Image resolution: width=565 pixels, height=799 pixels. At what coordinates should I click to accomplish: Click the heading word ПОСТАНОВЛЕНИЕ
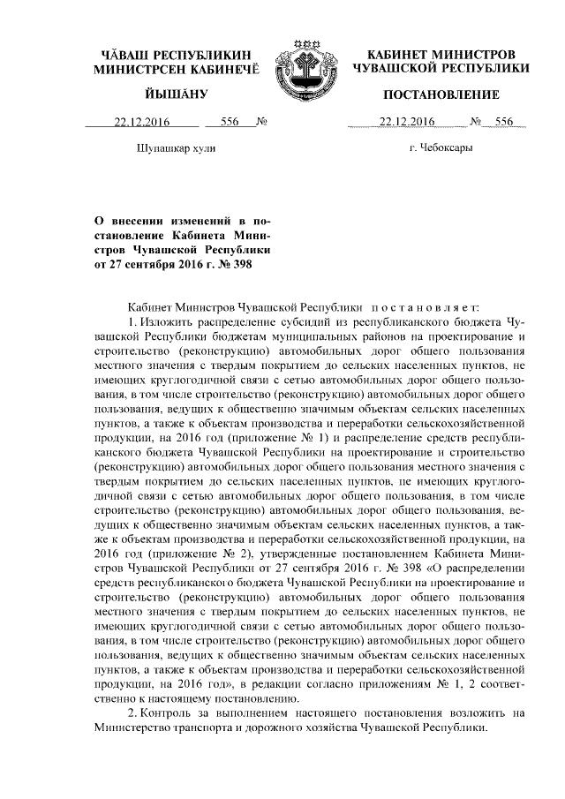[441, 94]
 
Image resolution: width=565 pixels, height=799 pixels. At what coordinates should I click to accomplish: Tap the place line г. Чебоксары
[441, 147]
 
